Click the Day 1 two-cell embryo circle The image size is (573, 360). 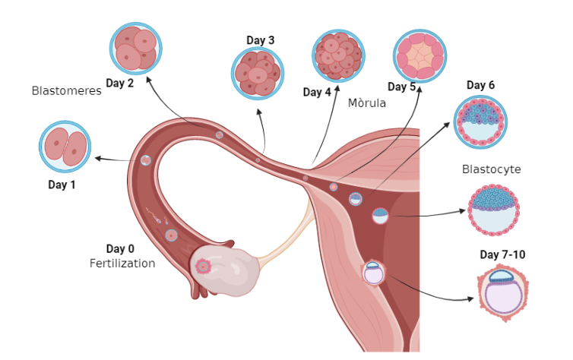65,147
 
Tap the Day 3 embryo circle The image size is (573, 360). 258,74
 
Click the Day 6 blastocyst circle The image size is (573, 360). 480,122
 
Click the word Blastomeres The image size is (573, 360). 67,90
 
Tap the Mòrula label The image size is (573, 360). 367,103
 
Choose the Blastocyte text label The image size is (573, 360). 491,169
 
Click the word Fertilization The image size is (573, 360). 122,264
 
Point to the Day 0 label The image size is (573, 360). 120,249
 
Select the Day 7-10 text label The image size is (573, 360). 502,254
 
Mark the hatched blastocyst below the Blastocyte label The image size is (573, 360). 495,209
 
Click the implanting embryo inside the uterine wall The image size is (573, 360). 374,272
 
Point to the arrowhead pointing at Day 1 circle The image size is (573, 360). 98,158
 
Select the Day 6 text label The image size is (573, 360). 480,85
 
